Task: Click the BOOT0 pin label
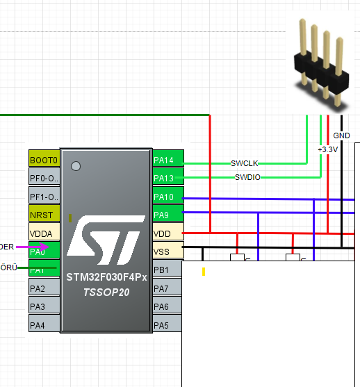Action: pyautogui.click(x=44, y=160)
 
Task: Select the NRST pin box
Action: pyautogui.click(x=44, y=214)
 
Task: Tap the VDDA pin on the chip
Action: pyautogui.click(x=44, y=232)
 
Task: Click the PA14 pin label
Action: pyautogui.click(x=167, y=160)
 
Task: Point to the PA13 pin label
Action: pyautogui.click(x=167, y=178)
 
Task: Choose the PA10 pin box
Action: pyautogui.click(x=167, y=197)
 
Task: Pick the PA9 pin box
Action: pyautogui.click(x=167, y=214)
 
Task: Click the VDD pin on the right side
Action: pyautogui.click(x=167, y=233)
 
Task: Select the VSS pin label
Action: pyautogui.click(x=167, y=250)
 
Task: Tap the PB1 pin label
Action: pyautogui.click(x=167, y=269)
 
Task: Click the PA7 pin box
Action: pyautogui.click(x=167, y=288)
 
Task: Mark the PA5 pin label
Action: pyautogui.click(x=167, y=324)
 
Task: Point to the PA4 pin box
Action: pyautogui.click(x=44, y=324)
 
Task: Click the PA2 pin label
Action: pyautogui.click(x=44, y=288)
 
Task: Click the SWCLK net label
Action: pyautogui.click(x=245, y=163)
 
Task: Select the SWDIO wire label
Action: pyautogui.click(x=247, y=178)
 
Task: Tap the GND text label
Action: pyautogui.click(x=342, y=135)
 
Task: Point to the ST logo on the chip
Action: pyautogui.click(x=106, y=240)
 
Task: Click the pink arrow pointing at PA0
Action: pyautogui.click(x=38, y=246)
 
